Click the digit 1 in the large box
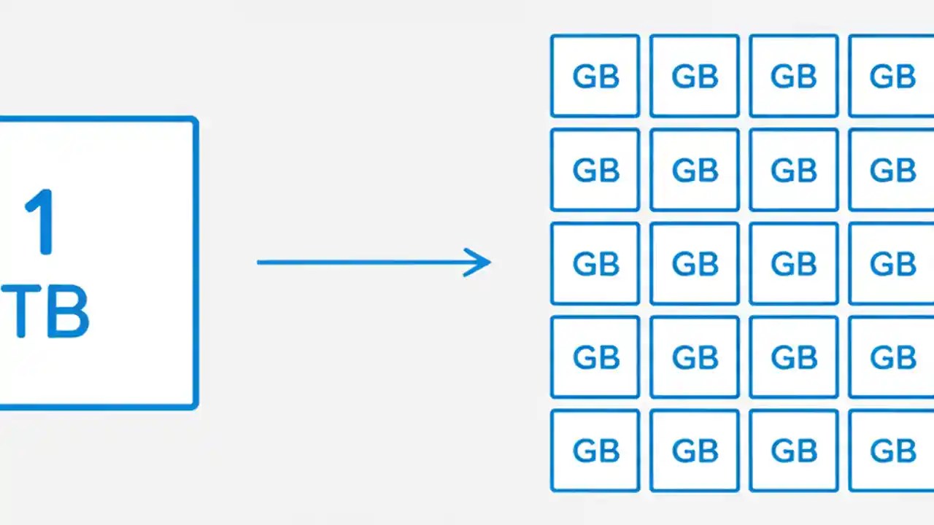click(40, 222)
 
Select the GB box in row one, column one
click(595, 76)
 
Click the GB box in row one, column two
click(694, 76)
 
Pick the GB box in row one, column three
click(793, 76)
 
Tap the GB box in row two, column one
click(595, 170)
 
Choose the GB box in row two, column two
click(694, 170)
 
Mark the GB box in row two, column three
click(793, 170)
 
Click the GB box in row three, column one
click(595, 263)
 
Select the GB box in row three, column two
click(694, 263)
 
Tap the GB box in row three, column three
click(793, 263)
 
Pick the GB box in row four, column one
click(595, 357)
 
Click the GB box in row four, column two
click(694, 357)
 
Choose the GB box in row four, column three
click(793, 357)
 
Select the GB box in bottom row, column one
click(595, 450)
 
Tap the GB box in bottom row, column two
click(694, 450)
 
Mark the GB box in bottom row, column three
click(793, 450)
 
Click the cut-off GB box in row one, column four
click(892, 76)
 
